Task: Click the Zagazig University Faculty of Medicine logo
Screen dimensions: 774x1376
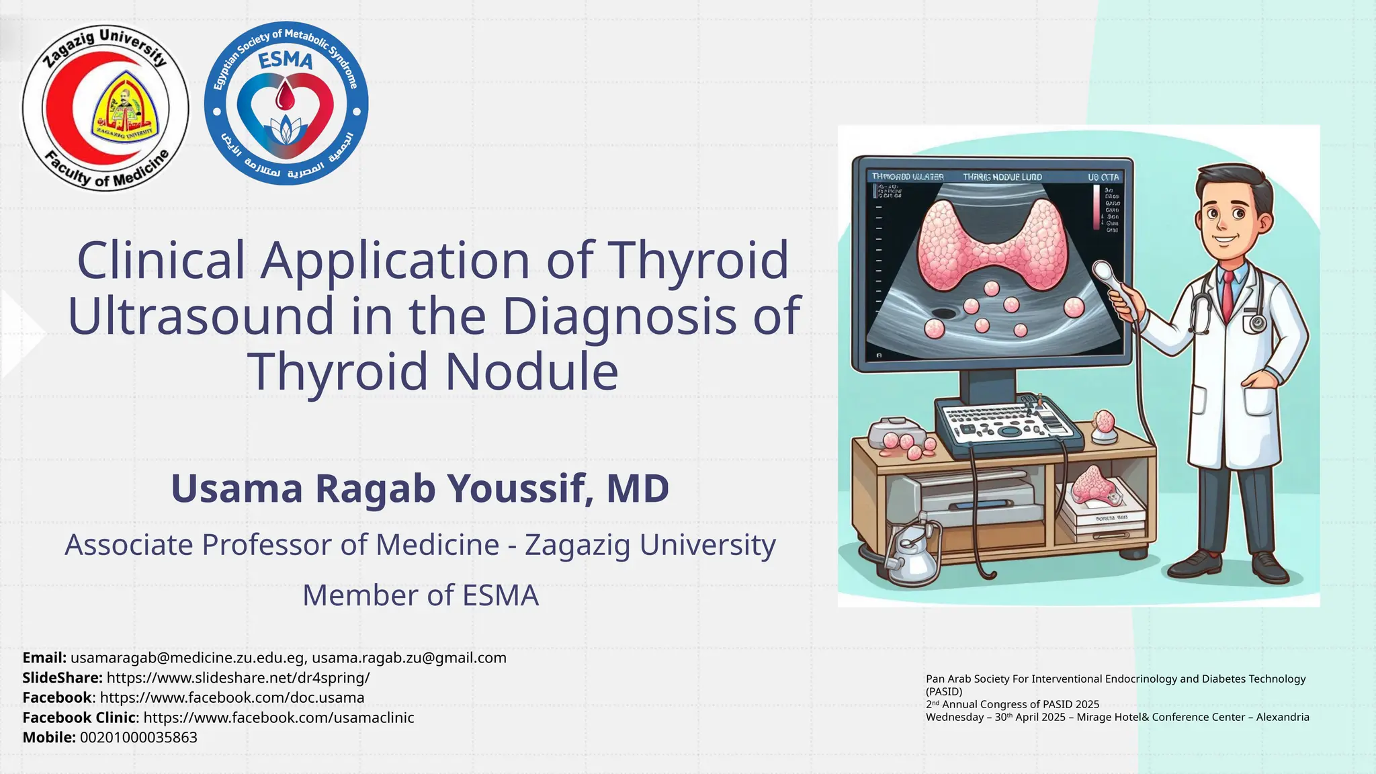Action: click(x=105, y=108)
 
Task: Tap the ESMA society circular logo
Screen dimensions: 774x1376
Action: click(x=286, y=103)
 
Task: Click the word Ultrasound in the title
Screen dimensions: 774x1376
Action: click(x=200, y=316)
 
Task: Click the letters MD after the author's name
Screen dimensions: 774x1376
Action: click(x=638, y=488)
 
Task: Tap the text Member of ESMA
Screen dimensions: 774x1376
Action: click(x=421, y=596)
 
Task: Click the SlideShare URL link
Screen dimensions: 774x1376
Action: click(x=238, y=677)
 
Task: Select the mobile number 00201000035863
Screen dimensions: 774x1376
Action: click(x=138, y=737)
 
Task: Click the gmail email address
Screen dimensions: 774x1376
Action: click(x=408, y=658)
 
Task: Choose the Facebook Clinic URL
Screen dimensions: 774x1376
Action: click(x=279, y=718)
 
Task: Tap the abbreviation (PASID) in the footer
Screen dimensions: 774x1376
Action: click(x=944, y=691)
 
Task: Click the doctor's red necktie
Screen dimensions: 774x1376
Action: click(x=1228, y=296)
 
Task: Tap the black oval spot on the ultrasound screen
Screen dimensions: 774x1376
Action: click(x=944, y=312)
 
